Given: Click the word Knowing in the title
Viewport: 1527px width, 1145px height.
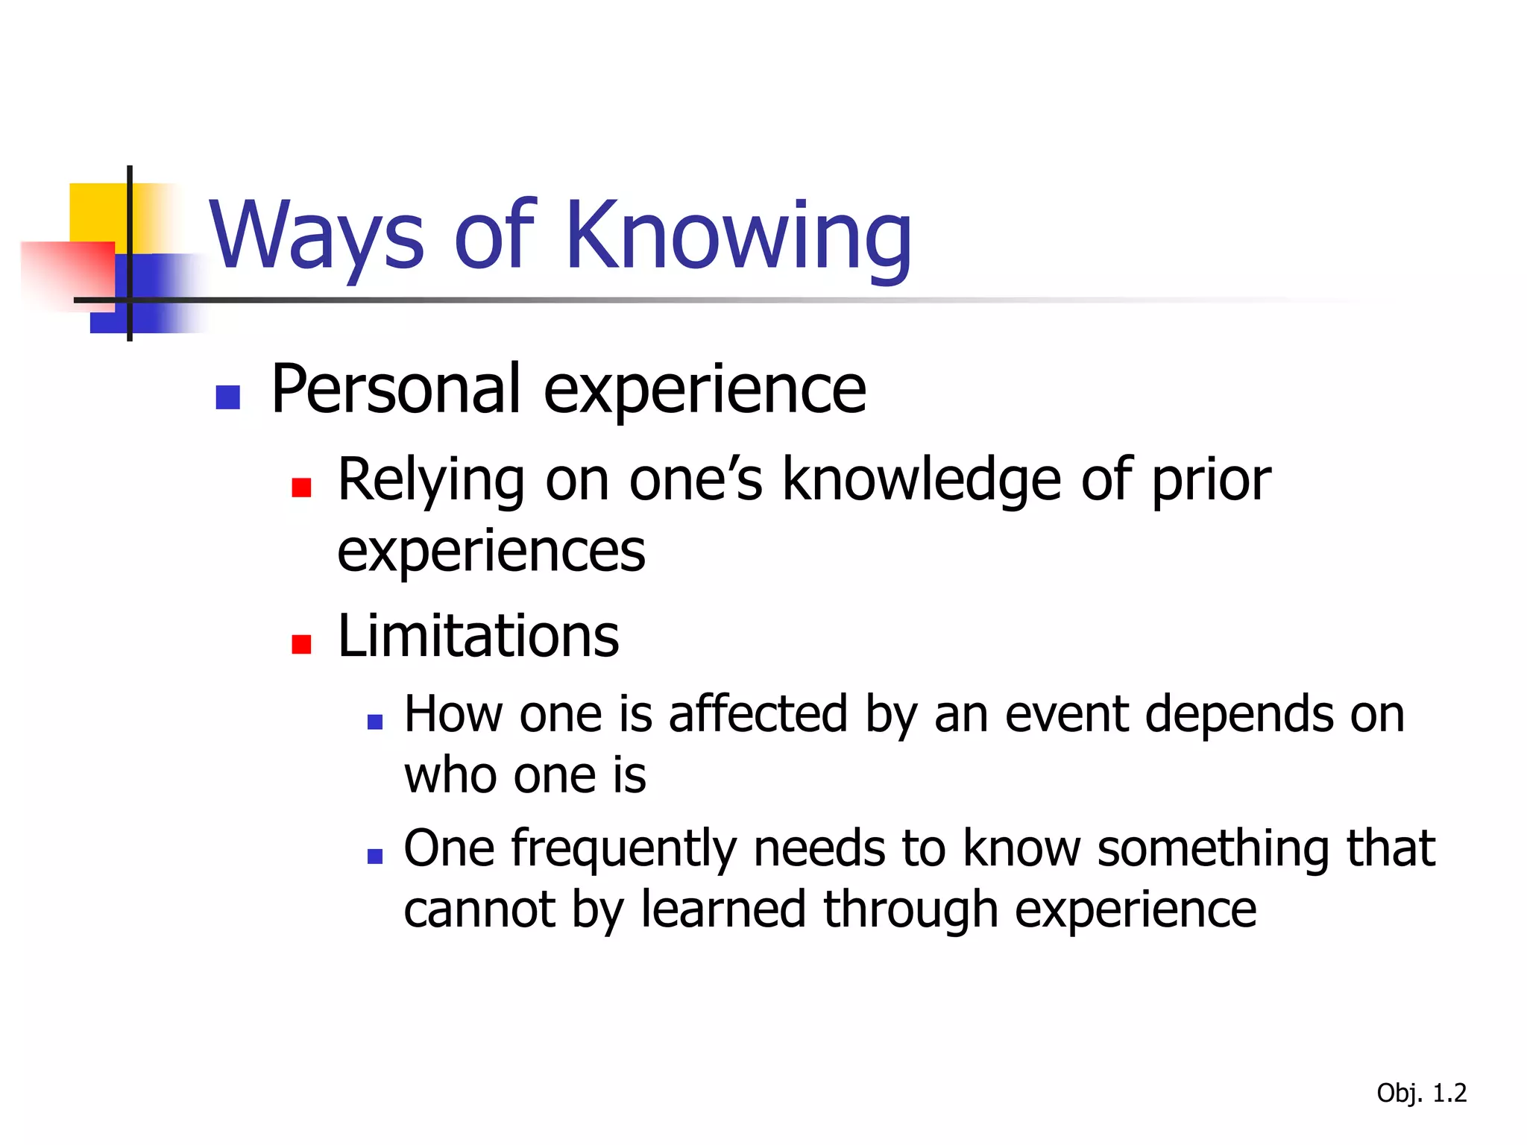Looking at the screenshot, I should pyautogui.click(x=738, y=237).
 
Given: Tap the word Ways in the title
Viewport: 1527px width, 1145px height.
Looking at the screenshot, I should pyautogui.click(x=317, y=237).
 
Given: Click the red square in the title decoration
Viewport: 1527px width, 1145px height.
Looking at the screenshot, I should pyautogui.click(x=67, y=272).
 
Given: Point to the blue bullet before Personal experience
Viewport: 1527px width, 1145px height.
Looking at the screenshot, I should pyautogui.click(x=227, y=397).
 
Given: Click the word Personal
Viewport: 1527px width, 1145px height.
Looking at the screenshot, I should pyautogui.click(x=395, y=389).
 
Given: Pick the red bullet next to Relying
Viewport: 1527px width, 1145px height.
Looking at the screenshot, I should pyautogui.click(x=301, y=488).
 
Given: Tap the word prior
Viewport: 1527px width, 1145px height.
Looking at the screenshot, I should pyautogui.click(x=1211, y=481).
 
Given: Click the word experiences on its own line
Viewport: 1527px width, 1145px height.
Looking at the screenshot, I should pyautogui.click(x=491, y=552).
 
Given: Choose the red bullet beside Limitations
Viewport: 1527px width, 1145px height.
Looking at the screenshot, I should pyautogui.click(x=301, y=644).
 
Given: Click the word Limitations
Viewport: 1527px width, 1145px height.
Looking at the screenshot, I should pyautogui.click(x=478, y=636).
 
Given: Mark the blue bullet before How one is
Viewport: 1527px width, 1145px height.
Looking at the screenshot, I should pyautogui.click(x=375, y=722).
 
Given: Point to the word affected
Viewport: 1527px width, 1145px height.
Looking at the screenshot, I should pyautogui.click(x=758, y=714).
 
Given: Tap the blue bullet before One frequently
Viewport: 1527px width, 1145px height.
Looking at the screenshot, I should pyautogui.click(x=375, y=857).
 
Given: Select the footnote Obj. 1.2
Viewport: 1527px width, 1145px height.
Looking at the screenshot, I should pyautogui.click(x=1421, y=1093).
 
